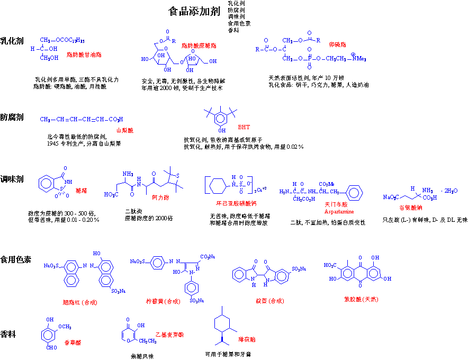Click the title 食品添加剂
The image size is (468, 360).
[194, 12]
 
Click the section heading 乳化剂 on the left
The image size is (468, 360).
[12, 40]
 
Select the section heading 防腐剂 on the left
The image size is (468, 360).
[12, 117]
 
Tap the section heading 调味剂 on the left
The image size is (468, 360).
[12, 179]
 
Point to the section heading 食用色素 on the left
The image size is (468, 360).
[16, 260]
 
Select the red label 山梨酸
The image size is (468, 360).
[125, 130]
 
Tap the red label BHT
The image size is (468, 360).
[244, 128]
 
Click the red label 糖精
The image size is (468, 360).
[82, 190]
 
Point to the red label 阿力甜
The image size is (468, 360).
[160, 197]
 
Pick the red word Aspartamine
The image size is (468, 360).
[339, 211]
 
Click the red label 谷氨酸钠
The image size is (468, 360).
[410, 207]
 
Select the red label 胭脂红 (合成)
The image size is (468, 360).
[80, 302]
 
